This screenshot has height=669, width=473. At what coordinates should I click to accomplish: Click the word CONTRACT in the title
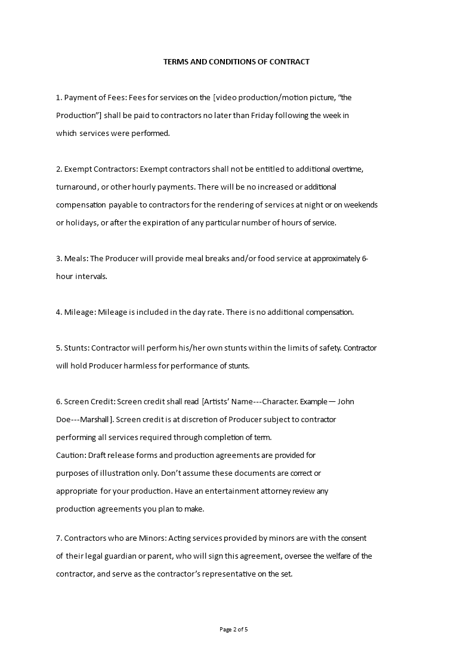click(291, 61)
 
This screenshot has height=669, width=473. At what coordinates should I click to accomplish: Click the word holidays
click(81, 222)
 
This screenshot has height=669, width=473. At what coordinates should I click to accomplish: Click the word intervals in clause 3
click(91, 276)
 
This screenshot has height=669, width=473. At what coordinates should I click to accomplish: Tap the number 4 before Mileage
click(58, 312)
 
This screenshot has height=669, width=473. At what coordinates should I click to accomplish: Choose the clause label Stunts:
click(76, 348)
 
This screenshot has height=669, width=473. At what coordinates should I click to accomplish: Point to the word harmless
click(138, 366)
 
